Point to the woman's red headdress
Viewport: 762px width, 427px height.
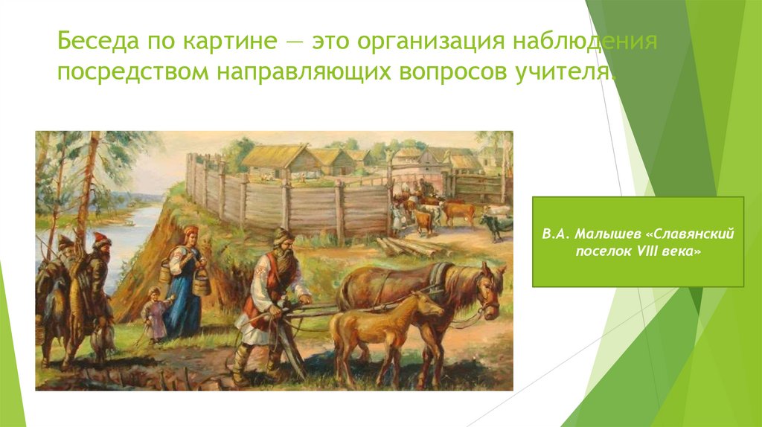click(190, 231)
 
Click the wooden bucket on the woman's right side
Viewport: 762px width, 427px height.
click(200, 281)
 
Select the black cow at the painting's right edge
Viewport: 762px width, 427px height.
click(496, 223)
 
